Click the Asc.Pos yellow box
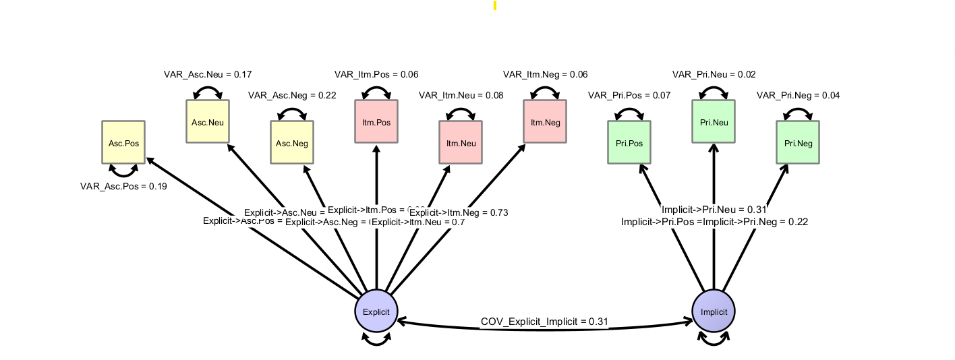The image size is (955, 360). click(x=123, y=142)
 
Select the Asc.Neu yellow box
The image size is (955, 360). click(x=208, y=121)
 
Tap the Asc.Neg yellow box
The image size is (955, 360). click(x=292, y=142)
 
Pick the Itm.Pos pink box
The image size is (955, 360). click(x=376, y=121)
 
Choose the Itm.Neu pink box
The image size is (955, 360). click(x=461, y=142)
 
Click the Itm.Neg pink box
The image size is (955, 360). click(x=545, y=121)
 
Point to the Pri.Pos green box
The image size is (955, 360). click(x=629, y=142)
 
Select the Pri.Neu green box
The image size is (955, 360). click(x=714, y=121)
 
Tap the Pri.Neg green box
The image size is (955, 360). click(x=798, y=142)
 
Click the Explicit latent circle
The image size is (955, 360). click(x=376, y=311)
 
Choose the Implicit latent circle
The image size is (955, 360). click(x=714, y=311)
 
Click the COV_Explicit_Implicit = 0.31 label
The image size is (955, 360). click(x=544, y=322)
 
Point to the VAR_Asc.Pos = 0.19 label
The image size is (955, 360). click(x=123, y=186)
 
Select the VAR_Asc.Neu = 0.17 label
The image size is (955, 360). click(x=208, y=74)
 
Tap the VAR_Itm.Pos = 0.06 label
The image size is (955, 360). click(x=376, y=74)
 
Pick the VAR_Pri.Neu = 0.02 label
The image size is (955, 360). click(x=714, y=74)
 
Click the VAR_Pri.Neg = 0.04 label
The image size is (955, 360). click(x=798, y=95)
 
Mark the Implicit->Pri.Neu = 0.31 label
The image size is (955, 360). click(x=714, y=210)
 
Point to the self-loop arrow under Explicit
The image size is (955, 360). click(x=376, y=341)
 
